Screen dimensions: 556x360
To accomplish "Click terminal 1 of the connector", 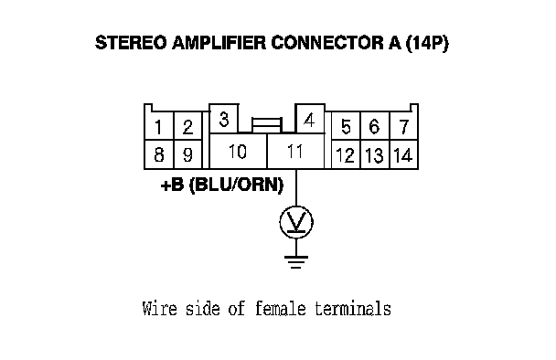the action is click(x=159, y=126).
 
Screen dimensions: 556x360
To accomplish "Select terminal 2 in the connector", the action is click(x=188, y=126).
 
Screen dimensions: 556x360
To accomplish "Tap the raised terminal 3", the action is click(x=224, y=119).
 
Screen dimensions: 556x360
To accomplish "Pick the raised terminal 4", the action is click(x=310, y=119).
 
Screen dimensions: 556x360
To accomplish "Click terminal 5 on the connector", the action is click(x=346, y=126).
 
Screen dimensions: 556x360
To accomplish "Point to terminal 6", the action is click(x=375, y=126).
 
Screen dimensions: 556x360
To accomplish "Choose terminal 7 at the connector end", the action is click(x=404, y=126).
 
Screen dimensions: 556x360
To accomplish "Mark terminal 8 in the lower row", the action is click(x=159, y=154).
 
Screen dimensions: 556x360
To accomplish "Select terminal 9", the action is click(x=188, y=154).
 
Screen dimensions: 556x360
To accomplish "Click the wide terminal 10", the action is click(x=238, y=152).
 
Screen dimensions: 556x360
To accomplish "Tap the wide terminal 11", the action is click(x=295, y=152).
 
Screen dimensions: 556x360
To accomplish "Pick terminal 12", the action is click(x=346, y=154).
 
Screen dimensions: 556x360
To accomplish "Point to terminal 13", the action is click(x=375, y=154).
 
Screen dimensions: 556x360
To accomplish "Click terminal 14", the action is click(x=404, y=154).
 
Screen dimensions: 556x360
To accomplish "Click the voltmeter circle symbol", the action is click(x=296, y=206).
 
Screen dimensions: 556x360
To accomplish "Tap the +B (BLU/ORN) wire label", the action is click(x=222, y=185).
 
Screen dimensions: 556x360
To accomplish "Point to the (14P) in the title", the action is click(x=427, y=43).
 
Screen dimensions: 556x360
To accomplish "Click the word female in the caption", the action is click(x=281, y=308).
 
